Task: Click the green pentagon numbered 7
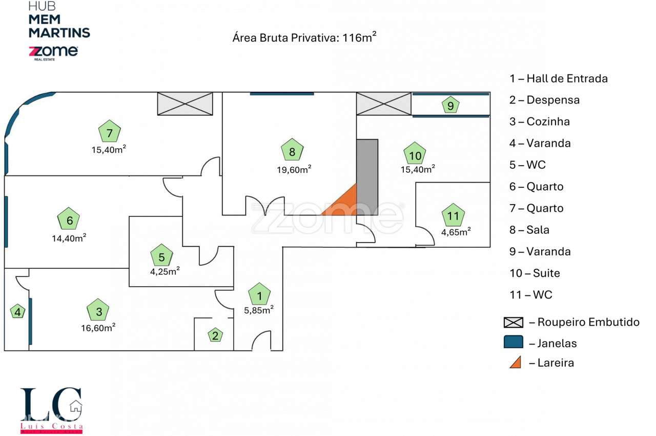click(x=109, y=131)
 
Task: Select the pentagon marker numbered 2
click(x=215, y=335)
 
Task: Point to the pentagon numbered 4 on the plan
click(x=18, y=311)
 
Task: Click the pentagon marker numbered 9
click(x=450, y=105)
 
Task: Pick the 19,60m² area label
click(x=294, y=169)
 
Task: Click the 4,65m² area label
click(x=456, y=232)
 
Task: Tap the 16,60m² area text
click(x=99, y=328)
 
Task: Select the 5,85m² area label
click(x=258, y=309)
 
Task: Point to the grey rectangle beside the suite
click(x=367, y=172)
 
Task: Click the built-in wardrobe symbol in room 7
click(x=184, y=104)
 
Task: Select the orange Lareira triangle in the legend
click(x=515, y=362)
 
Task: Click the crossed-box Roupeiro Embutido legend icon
click(x=514, y=322)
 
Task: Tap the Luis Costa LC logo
click(x=52, y=410)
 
